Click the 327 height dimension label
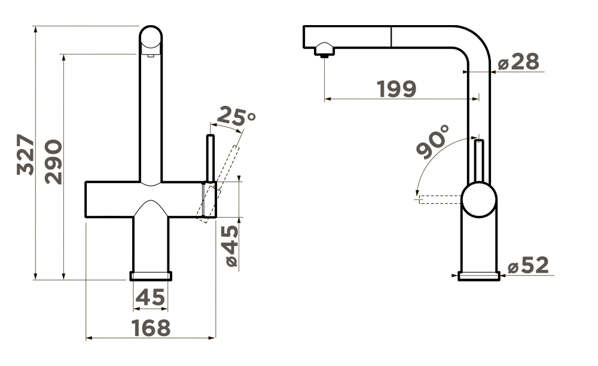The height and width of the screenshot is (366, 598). (x=26, y=154)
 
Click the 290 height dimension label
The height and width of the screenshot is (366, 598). (x=53, y=161)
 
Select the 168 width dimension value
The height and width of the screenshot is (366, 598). (x=151, y=328)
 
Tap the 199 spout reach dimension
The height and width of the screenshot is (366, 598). (x=396, y=89)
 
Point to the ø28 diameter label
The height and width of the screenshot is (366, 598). (x=518, y=62)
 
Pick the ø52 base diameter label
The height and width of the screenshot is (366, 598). (x=529, y=265)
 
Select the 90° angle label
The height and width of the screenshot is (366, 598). (x=433, y=141)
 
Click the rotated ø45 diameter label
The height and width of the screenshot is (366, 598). (x=232, y=246)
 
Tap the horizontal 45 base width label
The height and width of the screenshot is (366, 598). (x=150, y=297)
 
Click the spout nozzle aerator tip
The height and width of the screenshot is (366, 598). (x=325, y=50)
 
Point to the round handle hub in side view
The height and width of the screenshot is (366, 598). (x=479, y=199)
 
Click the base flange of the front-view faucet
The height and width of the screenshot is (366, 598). (x=151, y=276)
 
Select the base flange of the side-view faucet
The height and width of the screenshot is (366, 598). (x=479, y=276)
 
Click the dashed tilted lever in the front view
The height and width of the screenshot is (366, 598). (x=218, y=184)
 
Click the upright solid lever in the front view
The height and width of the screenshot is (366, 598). (x=210, y=158)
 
